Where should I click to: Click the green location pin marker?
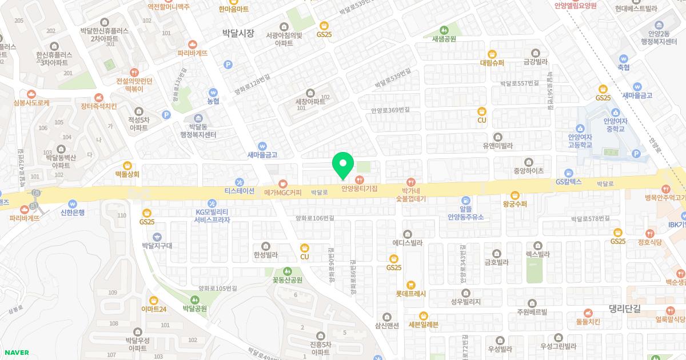pyautogui.click(x=343, y=166)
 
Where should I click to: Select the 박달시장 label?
pyautogui.click(x=238, y=33)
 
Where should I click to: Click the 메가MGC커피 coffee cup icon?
pyautogui.click(x=283, y=183)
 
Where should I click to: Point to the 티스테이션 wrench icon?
pyautogui.click(x=239, y=182)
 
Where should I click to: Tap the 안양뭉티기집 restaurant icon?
pyautogui.click(x=360, y=180)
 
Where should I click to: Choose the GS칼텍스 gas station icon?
pyautogui.click(x=568, y=173)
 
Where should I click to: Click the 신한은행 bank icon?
pyautogui.click(x=72, y=203)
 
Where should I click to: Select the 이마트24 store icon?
pyautogui.click(x=154, y=301)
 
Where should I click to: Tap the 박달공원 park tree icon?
pyautogui.click(x=194, y=299)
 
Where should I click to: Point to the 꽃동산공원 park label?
pyautogui.click(x=287, y=281)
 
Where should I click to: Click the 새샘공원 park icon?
pyautogui.click(x=444, y=30)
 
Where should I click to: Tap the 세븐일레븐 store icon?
pyautogui.click(x=423, y=315)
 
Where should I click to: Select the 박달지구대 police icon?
pyautogui.click(x=157, y=237)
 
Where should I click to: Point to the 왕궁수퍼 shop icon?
pyautogui.click(x=514, y=195)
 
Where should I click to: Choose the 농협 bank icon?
pyautogui.click(x=213, y=92)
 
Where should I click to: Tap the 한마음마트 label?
pyautogui.click(x=234, y=9)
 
